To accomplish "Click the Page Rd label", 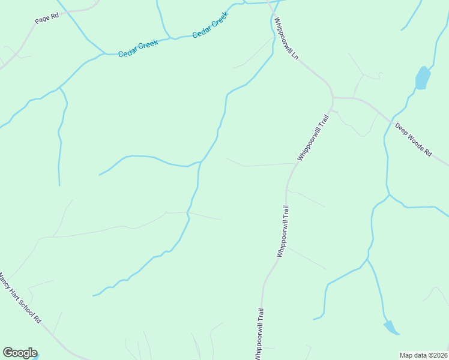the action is [x=46, y=19].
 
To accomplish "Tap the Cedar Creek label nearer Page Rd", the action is [x=137, y=49].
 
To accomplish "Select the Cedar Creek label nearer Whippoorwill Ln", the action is [x=211, y=26].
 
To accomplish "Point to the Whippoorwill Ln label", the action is [x=286, y=37].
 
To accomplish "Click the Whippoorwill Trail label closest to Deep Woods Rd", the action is [x=314, y=137].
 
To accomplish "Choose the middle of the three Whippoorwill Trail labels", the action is [x=283, y=232].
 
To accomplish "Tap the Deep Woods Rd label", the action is [x=413, y=140].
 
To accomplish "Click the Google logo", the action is [x=20, y=353].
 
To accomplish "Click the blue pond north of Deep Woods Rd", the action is [x=423, y=78].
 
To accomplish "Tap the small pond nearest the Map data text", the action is [x=391, y=327].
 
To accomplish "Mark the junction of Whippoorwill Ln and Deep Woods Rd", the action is [x=333, y=97].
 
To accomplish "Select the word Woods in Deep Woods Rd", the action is [x=413, y=140].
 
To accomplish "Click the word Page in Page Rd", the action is [x=42, y=20].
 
